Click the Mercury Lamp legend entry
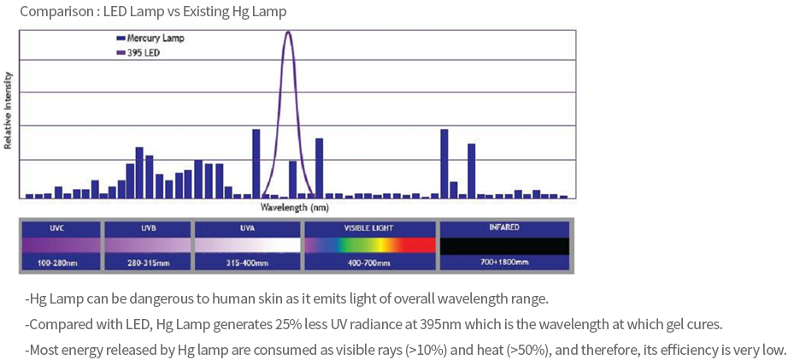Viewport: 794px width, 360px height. point(155,38)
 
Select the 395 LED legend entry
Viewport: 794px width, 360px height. point(143,52)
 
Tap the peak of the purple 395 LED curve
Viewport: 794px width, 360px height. point(288,32)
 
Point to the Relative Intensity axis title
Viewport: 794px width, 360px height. point(9,111)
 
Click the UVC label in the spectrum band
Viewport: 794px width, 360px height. point(58,228)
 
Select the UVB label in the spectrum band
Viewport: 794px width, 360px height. point(148,228)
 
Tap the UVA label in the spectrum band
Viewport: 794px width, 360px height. point(248,228)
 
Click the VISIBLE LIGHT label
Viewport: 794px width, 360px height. point(369,228)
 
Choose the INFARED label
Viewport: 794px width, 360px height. point(503,227)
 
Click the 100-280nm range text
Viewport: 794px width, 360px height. point(58,263)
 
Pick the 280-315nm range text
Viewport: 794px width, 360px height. point(148,263)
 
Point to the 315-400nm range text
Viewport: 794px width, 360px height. point(248,263)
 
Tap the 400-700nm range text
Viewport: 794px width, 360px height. point(369,263)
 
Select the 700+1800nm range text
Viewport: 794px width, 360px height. point(503,262)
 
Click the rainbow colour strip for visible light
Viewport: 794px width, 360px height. point(369,245)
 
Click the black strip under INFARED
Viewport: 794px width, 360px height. point(503,245)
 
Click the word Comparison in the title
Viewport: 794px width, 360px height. point(52,12)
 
